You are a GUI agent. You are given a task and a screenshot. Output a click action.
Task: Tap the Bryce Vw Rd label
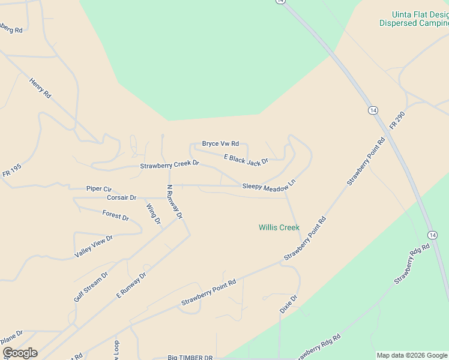[x=220, y=144]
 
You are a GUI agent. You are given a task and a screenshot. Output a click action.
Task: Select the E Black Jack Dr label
[x=246, y=158]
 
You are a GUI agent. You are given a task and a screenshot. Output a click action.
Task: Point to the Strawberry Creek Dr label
[x=169, y=164]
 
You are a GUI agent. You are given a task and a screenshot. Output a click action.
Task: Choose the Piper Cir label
[x=99, y=188]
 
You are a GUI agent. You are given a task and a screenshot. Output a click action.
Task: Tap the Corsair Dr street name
[x=122, y=197]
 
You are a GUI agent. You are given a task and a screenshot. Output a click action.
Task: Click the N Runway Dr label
[x=173, y=200]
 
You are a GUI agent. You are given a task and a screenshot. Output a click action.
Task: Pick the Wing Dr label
[x=154, y=214]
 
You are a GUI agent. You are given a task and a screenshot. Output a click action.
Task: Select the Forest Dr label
[x=116, y=215]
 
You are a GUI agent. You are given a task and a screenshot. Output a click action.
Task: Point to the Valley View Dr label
[x=94, y=247]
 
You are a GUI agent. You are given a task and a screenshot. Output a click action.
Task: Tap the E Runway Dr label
[x=131, y=286]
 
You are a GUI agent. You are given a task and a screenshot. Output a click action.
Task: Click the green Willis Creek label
[x=279, y=227]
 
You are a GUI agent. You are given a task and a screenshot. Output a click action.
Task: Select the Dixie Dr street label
[x=289, y=304]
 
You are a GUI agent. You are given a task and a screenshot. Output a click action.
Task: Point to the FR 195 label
[x=11, y=171]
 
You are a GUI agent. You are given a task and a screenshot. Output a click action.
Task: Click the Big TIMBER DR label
[x=190, y=358]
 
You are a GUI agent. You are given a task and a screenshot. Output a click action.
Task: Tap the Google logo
[x=20, y=353]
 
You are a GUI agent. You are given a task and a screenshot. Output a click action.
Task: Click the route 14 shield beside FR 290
[x=373, y=110]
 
